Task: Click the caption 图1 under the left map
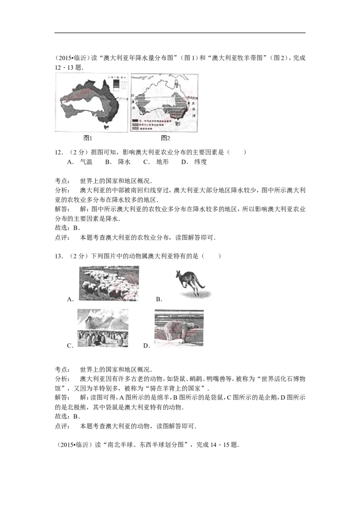[88, 138]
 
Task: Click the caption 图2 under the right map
[166, 138]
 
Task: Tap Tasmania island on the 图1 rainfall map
[107, 128]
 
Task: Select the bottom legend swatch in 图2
[135, 129]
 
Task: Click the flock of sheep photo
[108, 282]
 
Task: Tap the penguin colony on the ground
[102, 338]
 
